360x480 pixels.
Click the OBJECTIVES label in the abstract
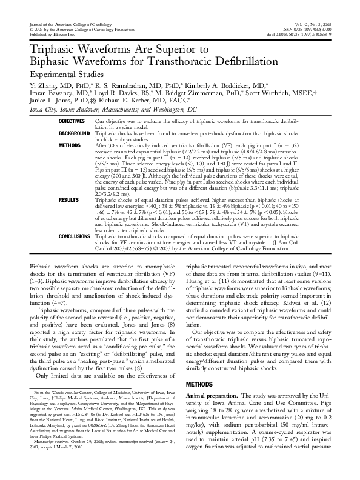[72, 122]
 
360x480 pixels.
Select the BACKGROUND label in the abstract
[72, 132]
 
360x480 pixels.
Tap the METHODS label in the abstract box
[68, 146]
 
